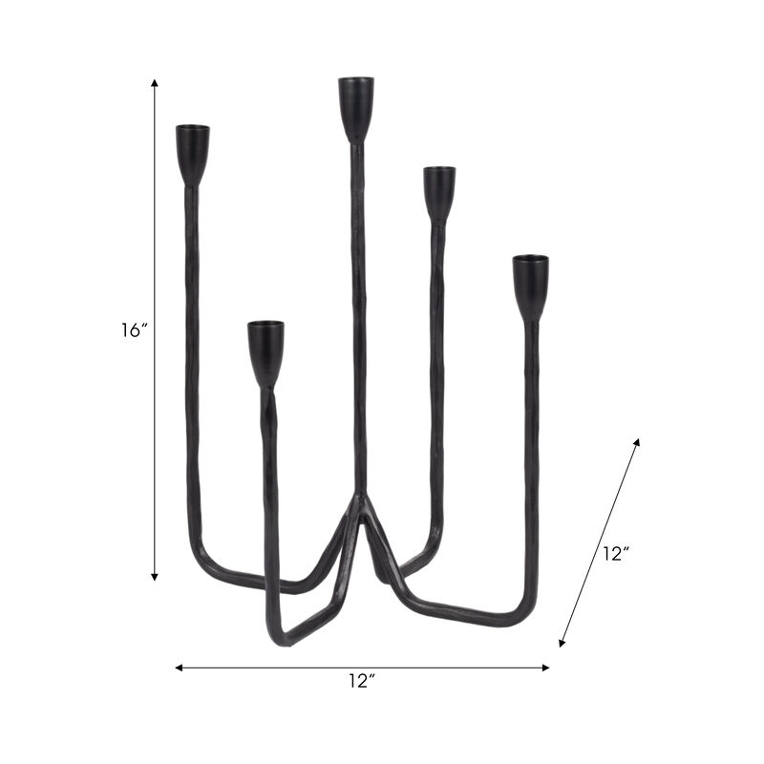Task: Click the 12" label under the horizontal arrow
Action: pos(362,682)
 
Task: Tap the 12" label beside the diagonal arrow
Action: pos(617,554)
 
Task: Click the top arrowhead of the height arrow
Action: pos(155,84)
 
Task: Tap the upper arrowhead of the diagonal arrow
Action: pos(637,442)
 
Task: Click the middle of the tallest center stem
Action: pos(359,315)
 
